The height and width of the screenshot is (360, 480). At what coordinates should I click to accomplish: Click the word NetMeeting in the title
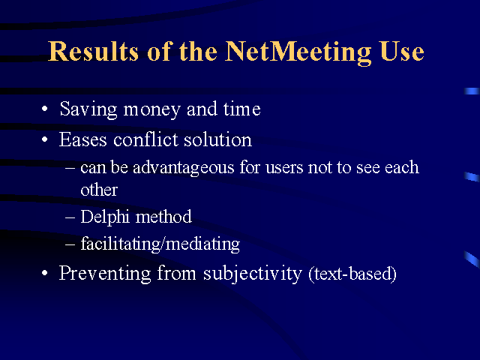(x=298, y=52)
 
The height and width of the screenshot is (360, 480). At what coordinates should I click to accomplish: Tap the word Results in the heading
(x=94, y=51)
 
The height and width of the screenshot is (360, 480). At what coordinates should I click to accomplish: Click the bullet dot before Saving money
(x=45, y=109)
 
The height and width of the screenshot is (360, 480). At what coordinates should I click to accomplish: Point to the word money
(x=151, y=110)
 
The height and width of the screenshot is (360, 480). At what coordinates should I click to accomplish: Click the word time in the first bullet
(x=241, y=109)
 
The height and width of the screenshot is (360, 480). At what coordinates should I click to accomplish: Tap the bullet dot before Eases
(x=45, y=139)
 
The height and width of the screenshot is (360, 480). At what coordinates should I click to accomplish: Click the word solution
(x=217, y=139)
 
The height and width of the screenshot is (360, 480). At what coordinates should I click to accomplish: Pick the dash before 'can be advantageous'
(x=70, y=168)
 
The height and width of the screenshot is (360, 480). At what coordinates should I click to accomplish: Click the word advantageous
(x=183, y=168)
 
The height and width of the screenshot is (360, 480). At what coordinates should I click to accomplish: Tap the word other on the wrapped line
(x=99, y=190)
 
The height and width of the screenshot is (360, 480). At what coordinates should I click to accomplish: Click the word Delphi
(x=105, y=217)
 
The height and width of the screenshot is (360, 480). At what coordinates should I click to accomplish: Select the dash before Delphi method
(x=70, y=217)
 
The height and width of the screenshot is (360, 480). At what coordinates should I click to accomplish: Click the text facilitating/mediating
(x=160, y=244)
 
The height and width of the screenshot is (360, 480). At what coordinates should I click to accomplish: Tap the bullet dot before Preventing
(x=45, y=273)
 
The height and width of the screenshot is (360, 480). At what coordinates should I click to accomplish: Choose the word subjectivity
(x=253, y=274)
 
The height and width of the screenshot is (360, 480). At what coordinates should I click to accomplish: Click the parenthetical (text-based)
(x=352, y=274)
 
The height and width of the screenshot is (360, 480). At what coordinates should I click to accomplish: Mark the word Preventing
(x=105, y=273)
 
